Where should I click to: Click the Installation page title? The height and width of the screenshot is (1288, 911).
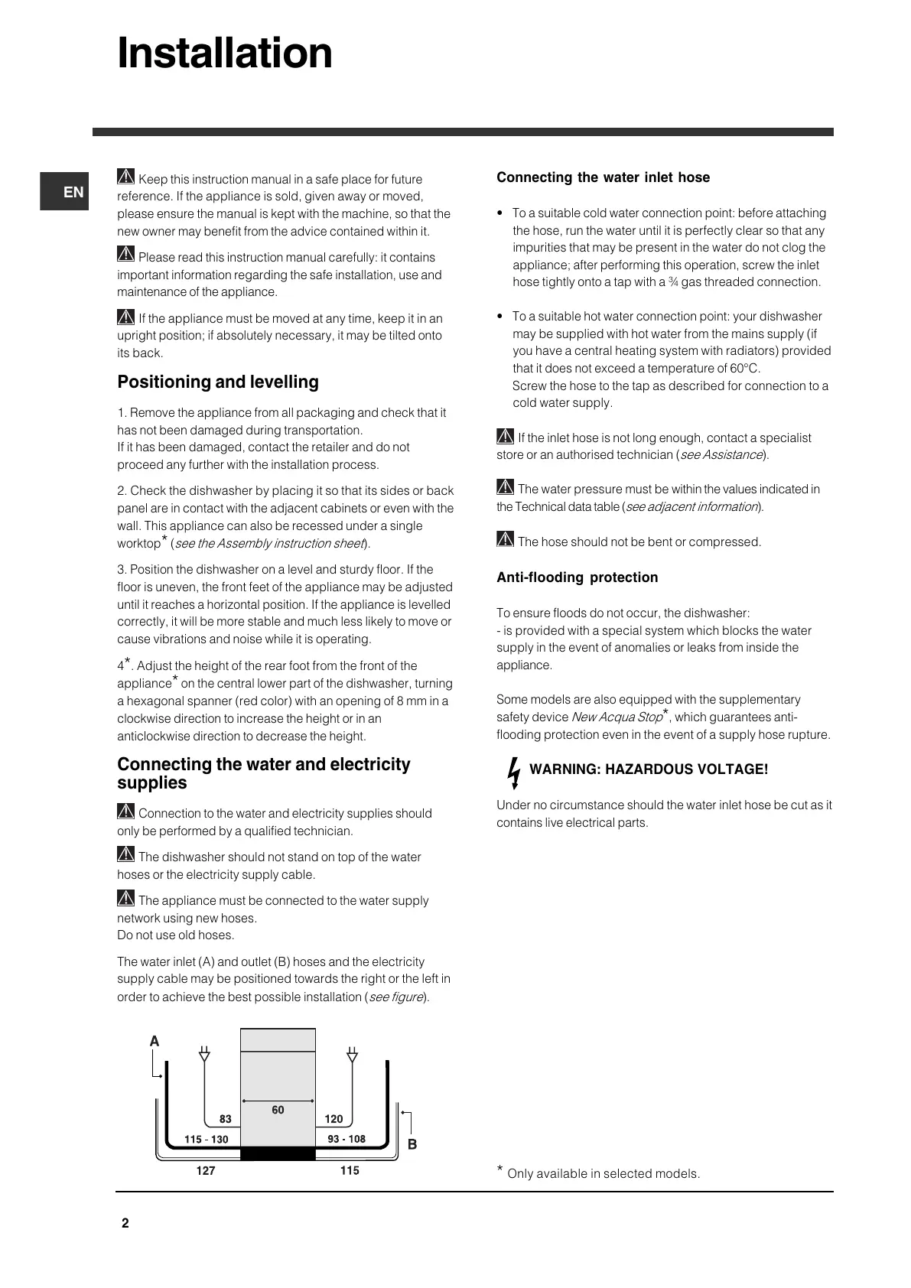[225, 54]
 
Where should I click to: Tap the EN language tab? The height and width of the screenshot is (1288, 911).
[73, 192]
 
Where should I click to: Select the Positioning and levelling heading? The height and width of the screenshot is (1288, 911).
[218, 382]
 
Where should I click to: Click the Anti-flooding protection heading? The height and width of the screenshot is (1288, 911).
[577, 577]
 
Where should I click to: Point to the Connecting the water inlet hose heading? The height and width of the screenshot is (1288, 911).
[603, 177]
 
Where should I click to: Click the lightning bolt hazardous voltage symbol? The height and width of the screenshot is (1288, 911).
[515, 771]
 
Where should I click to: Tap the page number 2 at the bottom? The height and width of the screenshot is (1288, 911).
[125, 1223]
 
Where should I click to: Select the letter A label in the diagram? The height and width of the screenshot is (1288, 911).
[155, 1041]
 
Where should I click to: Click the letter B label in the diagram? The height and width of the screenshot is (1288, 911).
[412, 1144]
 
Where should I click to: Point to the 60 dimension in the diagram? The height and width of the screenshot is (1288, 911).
[278, 1110]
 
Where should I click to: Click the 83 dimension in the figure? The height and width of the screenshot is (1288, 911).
[225, 1119]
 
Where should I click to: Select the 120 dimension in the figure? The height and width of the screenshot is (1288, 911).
[333, 1119]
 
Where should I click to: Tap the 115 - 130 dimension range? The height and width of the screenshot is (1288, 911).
[206, 1140]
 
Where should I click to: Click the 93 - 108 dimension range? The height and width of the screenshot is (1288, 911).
[347, 1139]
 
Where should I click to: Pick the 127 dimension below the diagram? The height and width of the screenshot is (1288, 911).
[206, 1170]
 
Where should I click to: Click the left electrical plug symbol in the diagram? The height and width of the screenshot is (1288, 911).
[204, 1054]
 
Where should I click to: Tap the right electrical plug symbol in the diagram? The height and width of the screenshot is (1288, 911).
[352, 1054]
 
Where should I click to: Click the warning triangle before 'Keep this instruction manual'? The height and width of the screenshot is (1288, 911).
[126, 177]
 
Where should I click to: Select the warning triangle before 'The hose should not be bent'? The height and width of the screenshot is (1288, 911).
[505, 539]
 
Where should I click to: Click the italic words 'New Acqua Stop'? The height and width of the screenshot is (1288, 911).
[617, 717]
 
